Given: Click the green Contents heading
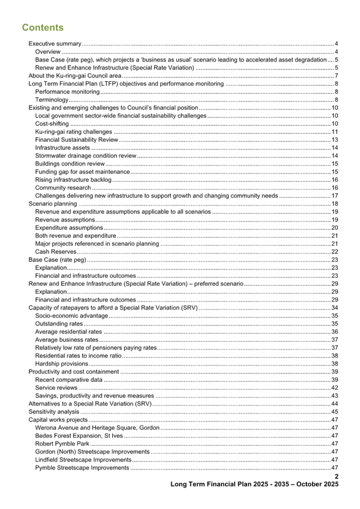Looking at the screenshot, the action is click(x=43, y=28).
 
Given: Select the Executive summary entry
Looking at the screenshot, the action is click(x=55, y=43).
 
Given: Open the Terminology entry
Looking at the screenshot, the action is click(x=52, y=99).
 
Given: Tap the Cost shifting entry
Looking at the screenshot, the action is click(x=52, y=123).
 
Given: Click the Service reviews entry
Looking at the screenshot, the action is click(x=56, y=388).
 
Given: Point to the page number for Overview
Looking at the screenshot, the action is click(x=336, y=51).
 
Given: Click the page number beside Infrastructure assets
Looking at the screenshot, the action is click(x=335, y=147).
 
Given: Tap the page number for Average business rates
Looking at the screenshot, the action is click(x=335, y=340).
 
